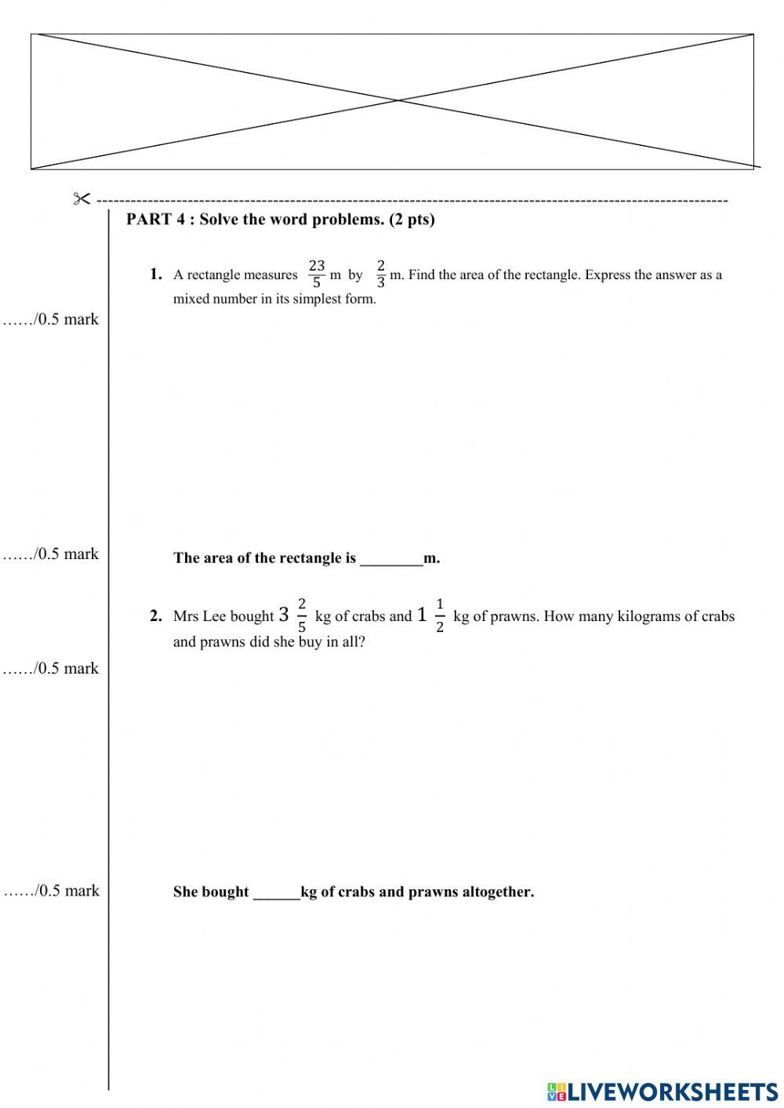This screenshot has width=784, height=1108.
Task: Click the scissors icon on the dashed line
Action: click(x=82, y=199)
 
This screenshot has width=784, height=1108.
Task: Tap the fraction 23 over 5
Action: click(x=317, y=274)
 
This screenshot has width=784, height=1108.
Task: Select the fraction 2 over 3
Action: click(x=381, y=274)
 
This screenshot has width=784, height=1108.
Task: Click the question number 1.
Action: click(x=155, y=274)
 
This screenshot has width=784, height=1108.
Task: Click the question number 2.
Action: click(x=155, y=616)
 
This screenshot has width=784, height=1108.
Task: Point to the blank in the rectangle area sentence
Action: click(x=390, y=559)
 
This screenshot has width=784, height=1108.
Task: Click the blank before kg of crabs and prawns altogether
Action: click(x=276, y=892)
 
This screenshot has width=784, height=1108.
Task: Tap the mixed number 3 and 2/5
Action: click(x=292, y=616)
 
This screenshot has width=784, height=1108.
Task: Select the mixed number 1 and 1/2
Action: click(x=430, y=616)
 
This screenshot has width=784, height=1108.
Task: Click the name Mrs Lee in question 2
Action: click(x=199, y=616)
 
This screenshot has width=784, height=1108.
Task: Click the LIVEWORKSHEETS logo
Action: click(x=662, y=1091)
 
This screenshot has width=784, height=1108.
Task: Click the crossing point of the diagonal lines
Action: click(x=397, y=100)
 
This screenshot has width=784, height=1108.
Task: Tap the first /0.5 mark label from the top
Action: click(x=52, y=319)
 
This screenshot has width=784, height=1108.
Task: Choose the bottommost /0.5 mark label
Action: click(x=52, y=891)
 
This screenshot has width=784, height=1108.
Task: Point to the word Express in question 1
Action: click(x=606, y=275)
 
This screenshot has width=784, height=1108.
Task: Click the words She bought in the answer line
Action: click(x=210, y=892)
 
